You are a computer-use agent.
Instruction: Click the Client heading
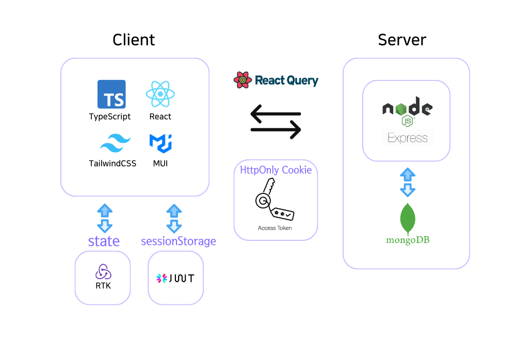pos(134,40)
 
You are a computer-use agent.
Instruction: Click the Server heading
pos(402,40)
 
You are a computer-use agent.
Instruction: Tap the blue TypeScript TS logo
pos(111,94)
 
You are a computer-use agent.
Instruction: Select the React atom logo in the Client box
pos(160,94)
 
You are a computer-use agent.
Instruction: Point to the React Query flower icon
pos(243,80)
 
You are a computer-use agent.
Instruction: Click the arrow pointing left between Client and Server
pos(275,113)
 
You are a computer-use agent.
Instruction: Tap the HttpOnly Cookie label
pos(276,170)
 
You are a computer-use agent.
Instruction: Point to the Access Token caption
pos(275,227)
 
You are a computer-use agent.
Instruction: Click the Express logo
pos(407,138)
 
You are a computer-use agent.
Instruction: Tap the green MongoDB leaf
pos(408,219)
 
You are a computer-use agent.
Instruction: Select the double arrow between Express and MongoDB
pos(408,182)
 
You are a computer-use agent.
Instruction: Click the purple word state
pos(104,241)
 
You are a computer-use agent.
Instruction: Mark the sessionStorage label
pos(179,241)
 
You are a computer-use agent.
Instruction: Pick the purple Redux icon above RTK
pos(103,272)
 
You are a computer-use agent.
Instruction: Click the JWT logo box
pos(175,278)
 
